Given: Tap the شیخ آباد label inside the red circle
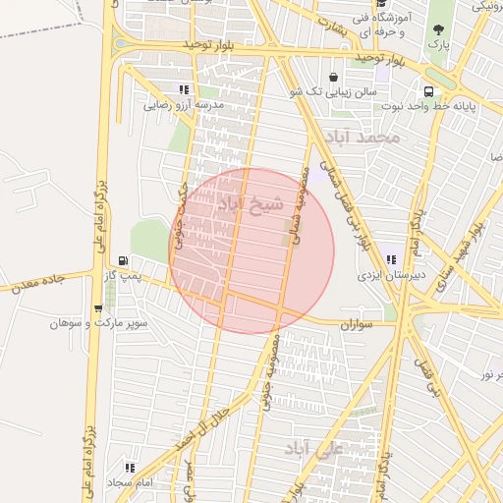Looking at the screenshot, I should [250, 204].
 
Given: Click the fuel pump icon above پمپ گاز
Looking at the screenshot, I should [123, 260].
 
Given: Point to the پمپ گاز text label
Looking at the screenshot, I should [125, 278].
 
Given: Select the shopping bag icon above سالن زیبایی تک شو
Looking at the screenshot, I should [334, 77].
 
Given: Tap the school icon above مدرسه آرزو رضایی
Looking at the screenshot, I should [184, 89].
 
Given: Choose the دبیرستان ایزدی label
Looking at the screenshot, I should [391, 277].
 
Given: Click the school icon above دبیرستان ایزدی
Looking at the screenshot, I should [391, 260].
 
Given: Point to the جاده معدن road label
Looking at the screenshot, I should [35, 283].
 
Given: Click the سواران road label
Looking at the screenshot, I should [359, 323].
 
